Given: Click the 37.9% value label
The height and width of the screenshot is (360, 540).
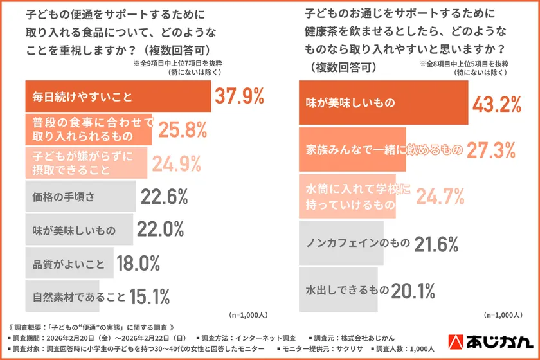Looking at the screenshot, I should (x=239, y=96).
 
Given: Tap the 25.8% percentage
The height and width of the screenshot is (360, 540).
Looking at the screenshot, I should (x=183, y=130).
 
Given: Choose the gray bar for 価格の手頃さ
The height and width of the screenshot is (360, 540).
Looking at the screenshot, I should (x=80, y=197).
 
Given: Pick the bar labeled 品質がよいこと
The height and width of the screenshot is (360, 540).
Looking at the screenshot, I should (x=70, y=263).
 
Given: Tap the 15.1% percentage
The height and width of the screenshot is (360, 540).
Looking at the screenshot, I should (x=149, y=296).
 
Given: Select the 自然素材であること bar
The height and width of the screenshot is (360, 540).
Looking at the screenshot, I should (x=62, y=296).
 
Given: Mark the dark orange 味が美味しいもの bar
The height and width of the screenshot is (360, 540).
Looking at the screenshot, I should (x=383, y=103).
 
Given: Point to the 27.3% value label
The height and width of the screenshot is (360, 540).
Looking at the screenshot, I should (x=491, y=150).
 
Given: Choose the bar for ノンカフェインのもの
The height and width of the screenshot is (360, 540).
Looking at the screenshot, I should (x=341, y=244).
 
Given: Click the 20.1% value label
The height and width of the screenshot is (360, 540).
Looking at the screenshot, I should (x=414, y=291).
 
